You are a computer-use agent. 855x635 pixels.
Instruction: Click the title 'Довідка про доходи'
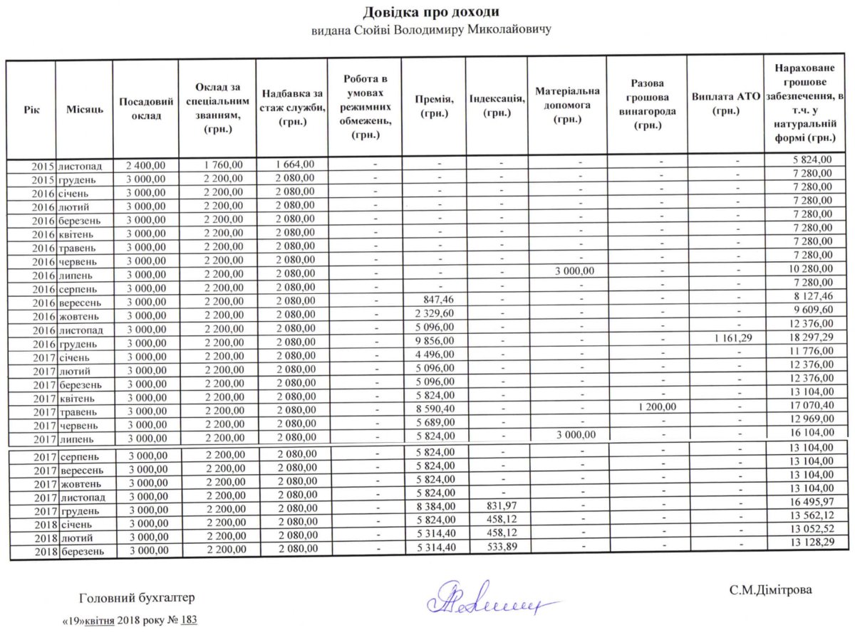pyautogui.click(x=430, y=12)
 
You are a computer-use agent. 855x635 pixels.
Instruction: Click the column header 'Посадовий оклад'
pyautogui.click(x=145, y=109)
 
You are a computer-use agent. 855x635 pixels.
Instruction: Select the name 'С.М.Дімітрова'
pyautogui.click(x=770, y=589)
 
